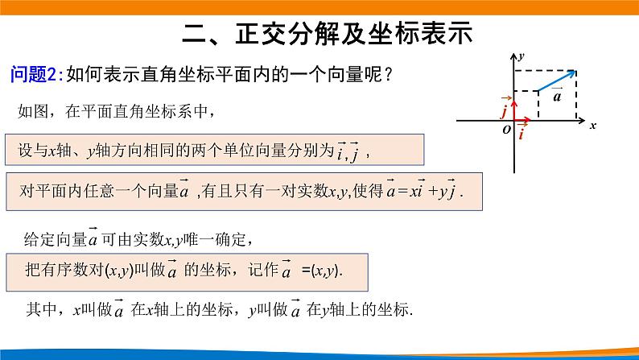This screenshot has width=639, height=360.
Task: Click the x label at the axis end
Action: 592,126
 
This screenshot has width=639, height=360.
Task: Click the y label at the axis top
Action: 522,56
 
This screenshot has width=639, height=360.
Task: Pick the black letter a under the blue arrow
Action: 557,96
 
